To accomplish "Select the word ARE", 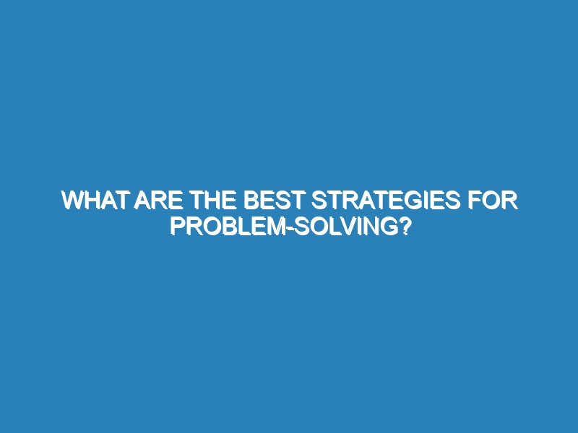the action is [158, 201].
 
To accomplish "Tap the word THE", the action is [213, 201].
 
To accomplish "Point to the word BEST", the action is [273, 201].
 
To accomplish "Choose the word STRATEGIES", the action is [386, 201].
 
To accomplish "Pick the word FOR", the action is [493, 201].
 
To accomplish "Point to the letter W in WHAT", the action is [74, 201].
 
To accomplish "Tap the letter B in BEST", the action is [251, 201].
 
